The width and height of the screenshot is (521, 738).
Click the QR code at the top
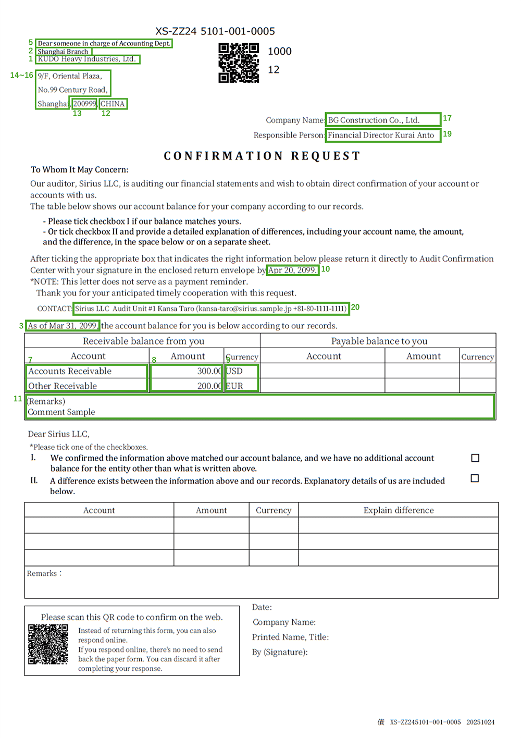[x=239, y=63]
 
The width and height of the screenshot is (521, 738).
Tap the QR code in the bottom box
[x=48, y=644]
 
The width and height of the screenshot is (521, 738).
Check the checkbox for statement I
[x=475, y=458]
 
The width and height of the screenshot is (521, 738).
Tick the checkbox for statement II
[x=475, y=478]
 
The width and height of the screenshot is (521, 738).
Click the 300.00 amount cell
[x=186, y=371]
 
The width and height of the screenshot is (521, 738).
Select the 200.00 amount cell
[x=186, y=386]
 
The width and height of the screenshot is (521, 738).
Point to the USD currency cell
[x=241, y=371]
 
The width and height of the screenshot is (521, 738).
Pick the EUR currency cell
[x=241, y=386]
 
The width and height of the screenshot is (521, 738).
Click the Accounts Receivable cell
[x=86, y=371]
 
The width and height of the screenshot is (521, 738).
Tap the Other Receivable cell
[x=86, y=386]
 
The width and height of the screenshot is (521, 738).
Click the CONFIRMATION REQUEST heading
[x=262, y=156]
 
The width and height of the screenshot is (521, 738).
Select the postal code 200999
[x=84, y=104]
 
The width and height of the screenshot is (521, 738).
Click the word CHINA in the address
[x=113, y=104]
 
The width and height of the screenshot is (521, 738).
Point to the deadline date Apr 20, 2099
[x=292, y=270]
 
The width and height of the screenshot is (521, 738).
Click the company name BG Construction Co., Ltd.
[x=382, y=120]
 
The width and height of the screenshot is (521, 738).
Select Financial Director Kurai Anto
[x=382, y=135]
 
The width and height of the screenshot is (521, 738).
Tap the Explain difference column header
[x=399, y=510]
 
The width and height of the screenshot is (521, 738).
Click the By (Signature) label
[x=280, y=652]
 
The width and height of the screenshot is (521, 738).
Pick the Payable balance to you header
[x=379, y=341]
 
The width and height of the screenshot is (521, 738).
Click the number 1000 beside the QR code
[x=280, y=51]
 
